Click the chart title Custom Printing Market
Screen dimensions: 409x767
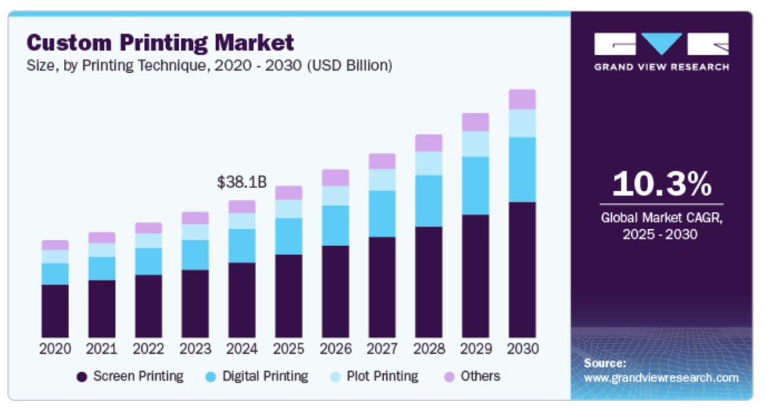[160, 42]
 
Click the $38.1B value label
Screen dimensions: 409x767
[241, 182]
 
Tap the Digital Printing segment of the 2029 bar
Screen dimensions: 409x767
[475, 186]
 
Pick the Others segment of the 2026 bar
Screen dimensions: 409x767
[335, 177]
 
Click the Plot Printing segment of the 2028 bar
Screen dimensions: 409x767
[428, 164]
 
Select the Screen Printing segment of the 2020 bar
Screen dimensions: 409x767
[55, 311]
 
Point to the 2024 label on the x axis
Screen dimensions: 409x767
[241, 349]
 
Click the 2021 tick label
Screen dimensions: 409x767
[102, 349]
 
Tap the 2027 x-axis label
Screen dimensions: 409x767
[382, 349]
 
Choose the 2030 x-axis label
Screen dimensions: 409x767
[522, 349]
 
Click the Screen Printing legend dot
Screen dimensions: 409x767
[82, 377]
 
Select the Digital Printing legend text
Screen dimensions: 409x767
[265, 376]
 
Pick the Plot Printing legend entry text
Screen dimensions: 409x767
[382, 376]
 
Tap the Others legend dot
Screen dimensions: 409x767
[449, 377]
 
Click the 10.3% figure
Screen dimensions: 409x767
[662, 184]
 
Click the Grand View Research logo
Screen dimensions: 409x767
[662, 51]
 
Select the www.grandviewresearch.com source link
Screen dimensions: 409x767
[662, 378]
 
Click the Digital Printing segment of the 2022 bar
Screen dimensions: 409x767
[148, 261]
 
